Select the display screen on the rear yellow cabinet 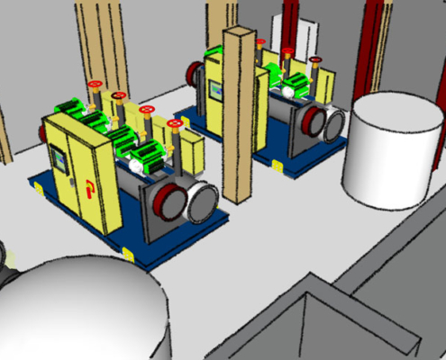[215, 91]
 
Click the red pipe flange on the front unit [168, 200]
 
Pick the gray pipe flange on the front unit [201, 203]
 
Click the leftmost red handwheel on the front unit [96, 85]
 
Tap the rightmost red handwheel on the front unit [174, 123]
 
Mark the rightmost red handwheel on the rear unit [316, 61]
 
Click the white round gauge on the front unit [135, 166]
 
